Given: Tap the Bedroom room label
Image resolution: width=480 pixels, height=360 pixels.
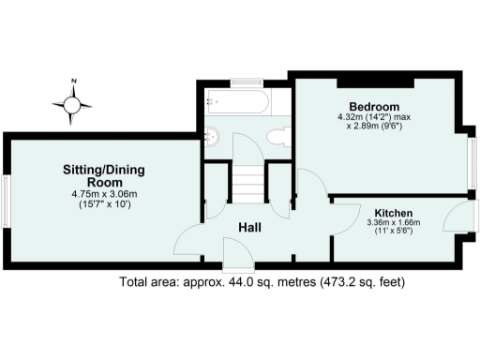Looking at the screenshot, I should point(375,106).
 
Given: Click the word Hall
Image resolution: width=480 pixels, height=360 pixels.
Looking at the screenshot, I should point(248,228).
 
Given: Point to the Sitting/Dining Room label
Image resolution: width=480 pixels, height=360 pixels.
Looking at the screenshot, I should point(103,175).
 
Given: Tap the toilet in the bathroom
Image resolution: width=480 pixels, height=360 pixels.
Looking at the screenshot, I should point(277,137).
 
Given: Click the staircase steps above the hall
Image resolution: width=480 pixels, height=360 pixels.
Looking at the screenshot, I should point(248,183).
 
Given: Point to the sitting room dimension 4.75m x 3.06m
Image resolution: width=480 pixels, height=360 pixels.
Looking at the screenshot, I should point(104,194).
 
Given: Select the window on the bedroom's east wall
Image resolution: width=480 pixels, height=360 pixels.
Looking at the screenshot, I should point(471,158).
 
